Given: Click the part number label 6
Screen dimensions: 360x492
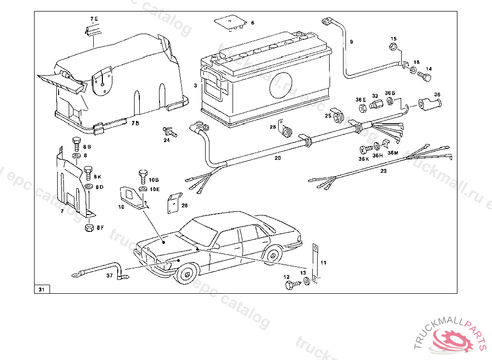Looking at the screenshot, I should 253,23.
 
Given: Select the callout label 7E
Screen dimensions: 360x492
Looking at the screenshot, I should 94,19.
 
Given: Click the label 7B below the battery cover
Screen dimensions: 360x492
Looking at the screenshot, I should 135,123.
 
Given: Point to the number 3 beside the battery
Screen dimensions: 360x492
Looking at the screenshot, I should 196,85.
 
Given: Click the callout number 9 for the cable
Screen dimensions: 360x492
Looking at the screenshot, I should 351,42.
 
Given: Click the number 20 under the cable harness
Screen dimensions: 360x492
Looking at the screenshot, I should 278,157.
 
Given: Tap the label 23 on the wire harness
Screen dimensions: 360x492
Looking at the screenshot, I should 383,170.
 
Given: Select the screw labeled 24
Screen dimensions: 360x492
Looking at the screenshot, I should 170,131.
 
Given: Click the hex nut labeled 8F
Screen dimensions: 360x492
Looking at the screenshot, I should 89,227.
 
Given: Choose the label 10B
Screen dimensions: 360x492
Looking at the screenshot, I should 153,180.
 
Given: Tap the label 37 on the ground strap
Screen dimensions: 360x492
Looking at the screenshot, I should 109,276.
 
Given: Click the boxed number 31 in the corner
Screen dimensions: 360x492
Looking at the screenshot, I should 41,289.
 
